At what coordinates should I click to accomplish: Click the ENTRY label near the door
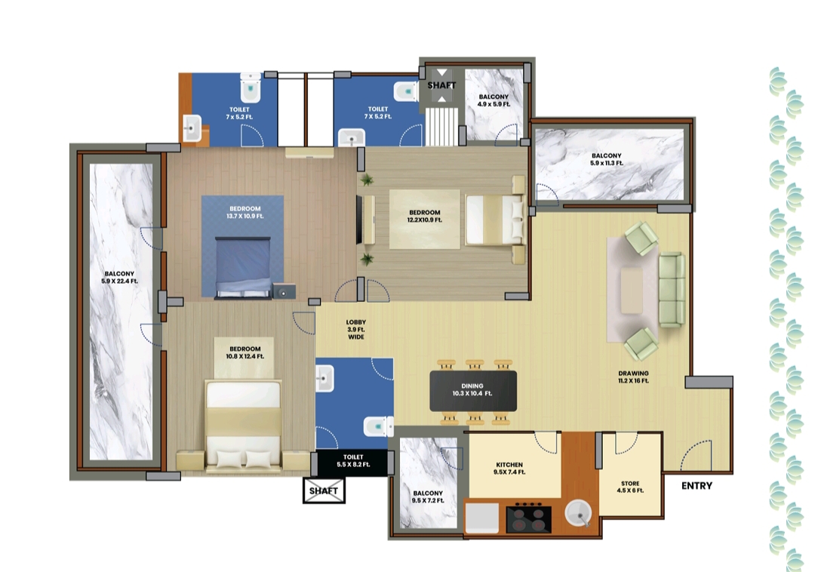pyautogui.click(x=697, y=486)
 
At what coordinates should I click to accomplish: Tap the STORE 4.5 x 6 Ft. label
pyautogui.click(x=630, y=487)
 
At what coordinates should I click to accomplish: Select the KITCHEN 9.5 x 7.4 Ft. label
pyautogui.click(x=510, y=469)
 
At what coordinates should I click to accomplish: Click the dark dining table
pyautogui.click(x=473, y=390)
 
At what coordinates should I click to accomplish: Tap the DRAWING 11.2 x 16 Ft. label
pyautogui.click(x=633, y=377)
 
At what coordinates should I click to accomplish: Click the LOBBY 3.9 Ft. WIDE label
pyautogui.click(x=356, y=329)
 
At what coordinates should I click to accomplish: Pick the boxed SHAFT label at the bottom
pyautogui.click(x=324, y=491)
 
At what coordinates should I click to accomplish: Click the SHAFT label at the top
pyautogui.click(x=441, y=85)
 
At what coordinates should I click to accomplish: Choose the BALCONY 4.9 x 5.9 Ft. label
pyautogui.click(x=494, y=100)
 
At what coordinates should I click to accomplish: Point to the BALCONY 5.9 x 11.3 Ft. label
pyautogui.click(x=607, y=159)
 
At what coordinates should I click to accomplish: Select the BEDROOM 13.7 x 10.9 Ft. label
pyautogui.click(x=245, y=213)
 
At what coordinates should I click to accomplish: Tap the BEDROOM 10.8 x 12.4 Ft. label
pyautogui.click(x=245, y=352)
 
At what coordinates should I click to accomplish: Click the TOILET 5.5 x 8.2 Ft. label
pyautogui.click(x=353, y=460)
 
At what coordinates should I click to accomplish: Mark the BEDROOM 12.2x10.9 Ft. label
pyautogui.click(x=425, y=217)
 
